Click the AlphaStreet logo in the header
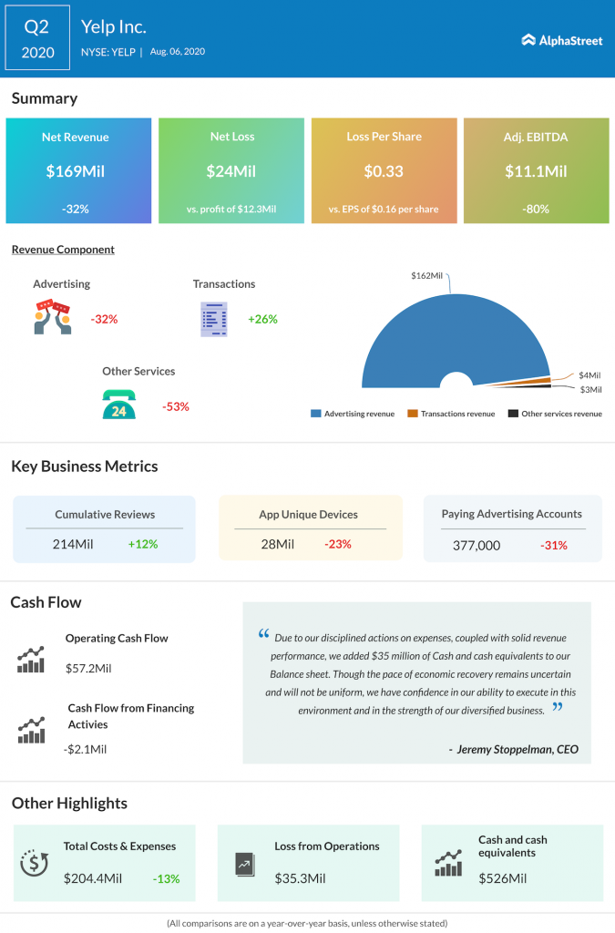(x=561, y=40)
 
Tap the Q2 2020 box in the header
(x=37, y=40)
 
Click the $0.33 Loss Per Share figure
(x=383, y=170)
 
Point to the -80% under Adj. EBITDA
(x=536, y=209)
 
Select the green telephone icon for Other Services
(x=118, y=405)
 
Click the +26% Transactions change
(x=262, y=319)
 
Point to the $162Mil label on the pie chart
(x=428, y=275)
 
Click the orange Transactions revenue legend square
(x=413, y=414)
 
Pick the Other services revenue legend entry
(x=555, y=414)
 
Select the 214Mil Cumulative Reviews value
(x=73, y=544)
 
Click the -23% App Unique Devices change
(x=337, y=544)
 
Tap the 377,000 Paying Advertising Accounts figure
(x=477, y=545)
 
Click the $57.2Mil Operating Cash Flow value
(x=88, y=668)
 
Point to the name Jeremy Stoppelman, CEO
(x=514, y=749)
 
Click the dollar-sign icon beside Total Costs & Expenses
(x=34, y=862)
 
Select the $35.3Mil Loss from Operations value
(x=300, y=878)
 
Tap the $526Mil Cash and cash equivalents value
(x=502, y=878)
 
